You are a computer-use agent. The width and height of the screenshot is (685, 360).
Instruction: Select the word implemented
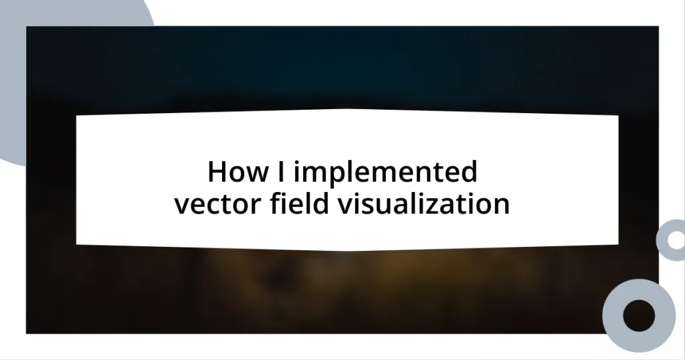(x=385, y=174)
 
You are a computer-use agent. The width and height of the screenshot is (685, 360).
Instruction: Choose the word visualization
(x=423, y=203)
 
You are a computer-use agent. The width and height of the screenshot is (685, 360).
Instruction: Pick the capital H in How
(x=216, y=173)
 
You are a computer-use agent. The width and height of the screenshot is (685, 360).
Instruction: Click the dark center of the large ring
(x=639, y=315)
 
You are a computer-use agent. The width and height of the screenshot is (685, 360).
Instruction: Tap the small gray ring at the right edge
(x=671, y=240)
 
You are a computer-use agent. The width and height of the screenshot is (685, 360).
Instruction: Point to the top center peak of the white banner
(x=347, y=110)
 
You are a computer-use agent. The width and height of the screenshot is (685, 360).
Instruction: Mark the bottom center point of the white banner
(x=347, y=252)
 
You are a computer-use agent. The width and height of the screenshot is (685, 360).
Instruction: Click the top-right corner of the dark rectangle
(x=658, y=27)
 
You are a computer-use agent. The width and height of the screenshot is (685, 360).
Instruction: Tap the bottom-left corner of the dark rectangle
(x=27, y=333)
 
